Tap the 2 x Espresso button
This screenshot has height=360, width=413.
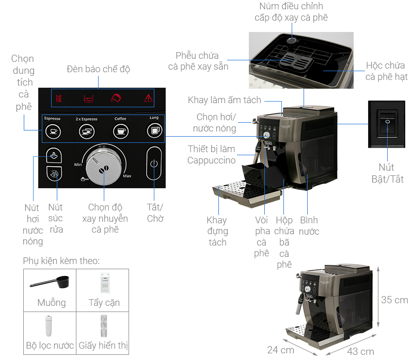click(86, 132)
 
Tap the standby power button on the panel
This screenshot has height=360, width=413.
click(153, 165)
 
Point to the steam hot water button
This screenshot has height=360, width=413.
click(53, 155)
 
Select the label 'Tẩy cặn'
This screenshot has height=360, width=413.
click(105, 303)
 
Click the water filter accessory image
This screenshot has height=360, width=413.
click(50, 326)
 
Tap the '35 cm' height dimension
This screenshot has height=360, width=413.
click(394, 300)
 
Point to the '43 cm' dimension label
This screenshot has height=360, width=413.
click(360, 351)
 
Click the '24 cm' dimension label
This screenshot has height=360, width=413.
click(280, 350)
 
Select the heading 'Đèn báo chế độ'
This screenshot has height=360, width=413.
click(99, 69)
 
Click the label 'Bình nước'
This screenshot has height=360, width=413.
click(309, 225)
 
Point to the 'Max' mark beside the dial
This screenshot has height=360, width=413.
click(127, 176)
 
